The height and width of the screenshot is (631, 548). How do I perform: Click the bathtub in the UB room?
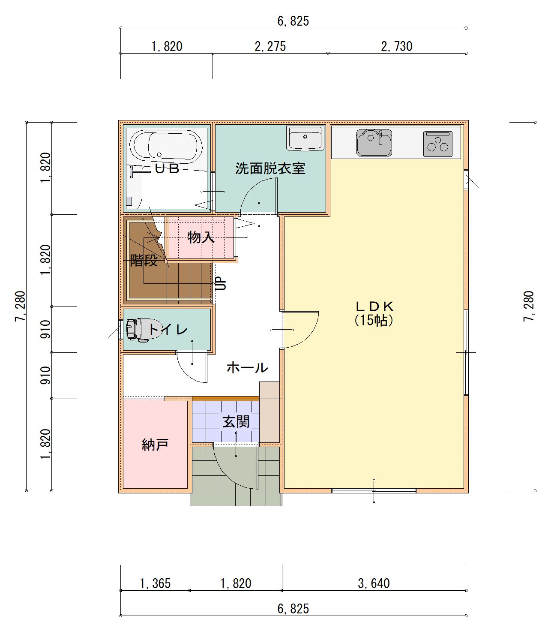[x=166, y=147]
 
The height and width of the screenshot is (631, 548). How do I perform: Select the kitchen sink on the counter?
[x=374, y=142]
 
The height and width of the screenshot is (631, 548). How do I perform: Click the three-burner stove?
[x=437, y=144]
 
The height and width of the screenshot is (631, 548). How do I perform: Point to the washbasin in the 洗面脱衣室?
[x=305, y=138]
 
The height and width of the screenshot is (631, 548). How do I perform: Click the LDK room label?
[x=374, y=306]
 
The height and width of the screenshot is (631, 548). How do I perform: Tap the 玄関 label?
[x=236, y=422]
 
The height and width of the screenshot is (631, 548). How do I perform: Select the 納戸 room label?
[x=155, y=445]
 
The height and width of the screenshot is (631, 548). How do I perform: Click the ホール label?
[x=248, y=368]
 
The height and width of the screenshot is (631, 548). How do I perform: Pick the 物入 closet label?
[x=201, y=237]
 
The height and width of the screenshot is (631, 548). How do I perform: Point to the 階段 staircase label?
[x=144, y=260]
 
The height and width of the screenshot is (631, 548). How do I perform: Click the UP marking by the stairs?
[x=221, y=283]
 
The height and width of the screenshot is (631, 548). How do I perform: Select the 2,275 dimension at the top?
[x=270, y=47]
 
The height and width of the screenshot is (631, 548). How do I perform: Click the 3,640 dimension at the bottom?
[x=374, y=583]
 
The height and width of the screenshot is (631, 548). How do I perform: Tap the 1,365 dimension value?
[x=155, y=583]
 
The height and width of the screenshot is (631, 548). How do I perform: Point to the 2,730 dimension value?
[x=397, y=47]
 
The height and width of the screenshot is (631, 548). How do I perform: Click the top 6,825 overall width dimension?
[x=293, y=21]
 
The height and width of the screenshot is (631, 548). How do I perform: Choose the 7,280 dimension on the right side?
[x=528, y=306]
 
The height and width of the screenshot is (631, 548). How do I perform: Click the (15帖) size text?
[x=374, y=320]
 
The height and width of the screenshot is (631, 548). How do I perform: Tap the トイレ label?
[x=168, y=330]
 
